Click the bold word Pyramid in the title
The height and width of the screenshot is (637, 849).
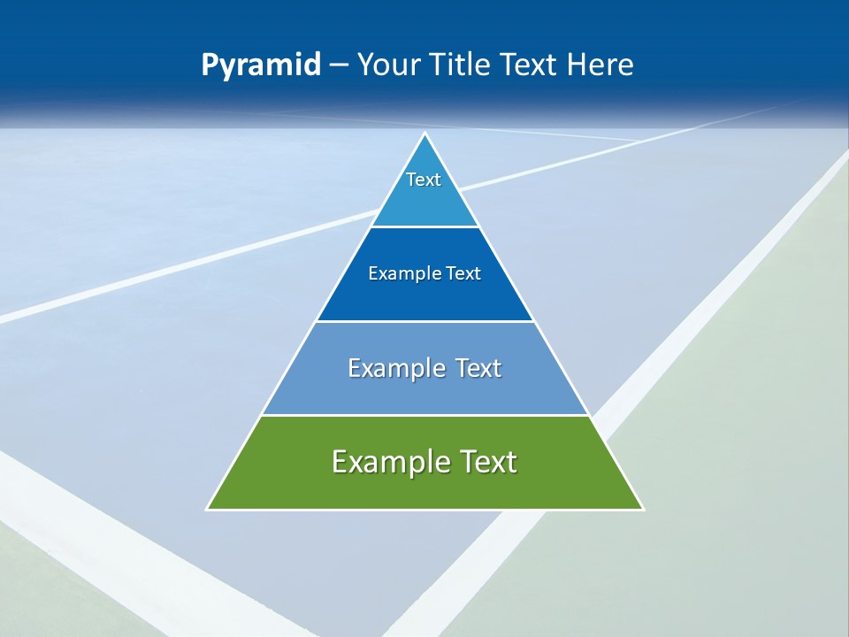pos(261,65)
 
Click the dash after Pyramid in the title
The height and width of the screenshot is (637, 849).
pos(339,65)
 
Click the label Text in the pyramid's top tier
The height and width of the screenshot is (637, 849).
pos(424,180)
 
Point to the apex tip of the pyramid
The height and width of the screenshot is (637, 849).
pos(425,134)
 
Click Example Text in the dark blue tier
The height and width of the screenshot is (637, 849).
pos(424,273)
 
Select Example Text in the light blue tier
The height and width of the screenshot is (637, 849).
pos(424,368)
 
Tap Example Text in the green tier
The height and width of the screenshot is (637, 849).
pos(424,462)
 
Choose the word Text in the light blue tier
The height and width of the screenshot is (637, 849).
pos(478,368)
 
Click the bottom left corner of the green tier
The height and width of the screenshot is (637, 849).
pos(208,509)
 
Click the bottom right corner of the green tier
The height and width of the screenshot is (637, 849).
pos(642,509)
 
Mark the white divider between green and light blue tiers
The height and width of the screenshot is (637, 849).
pos(424,415)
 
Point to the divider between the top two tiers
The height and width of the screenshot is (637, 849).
pos(424,226)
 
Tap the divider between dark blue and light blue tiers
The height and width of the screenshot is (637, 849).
pos(424,321)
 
